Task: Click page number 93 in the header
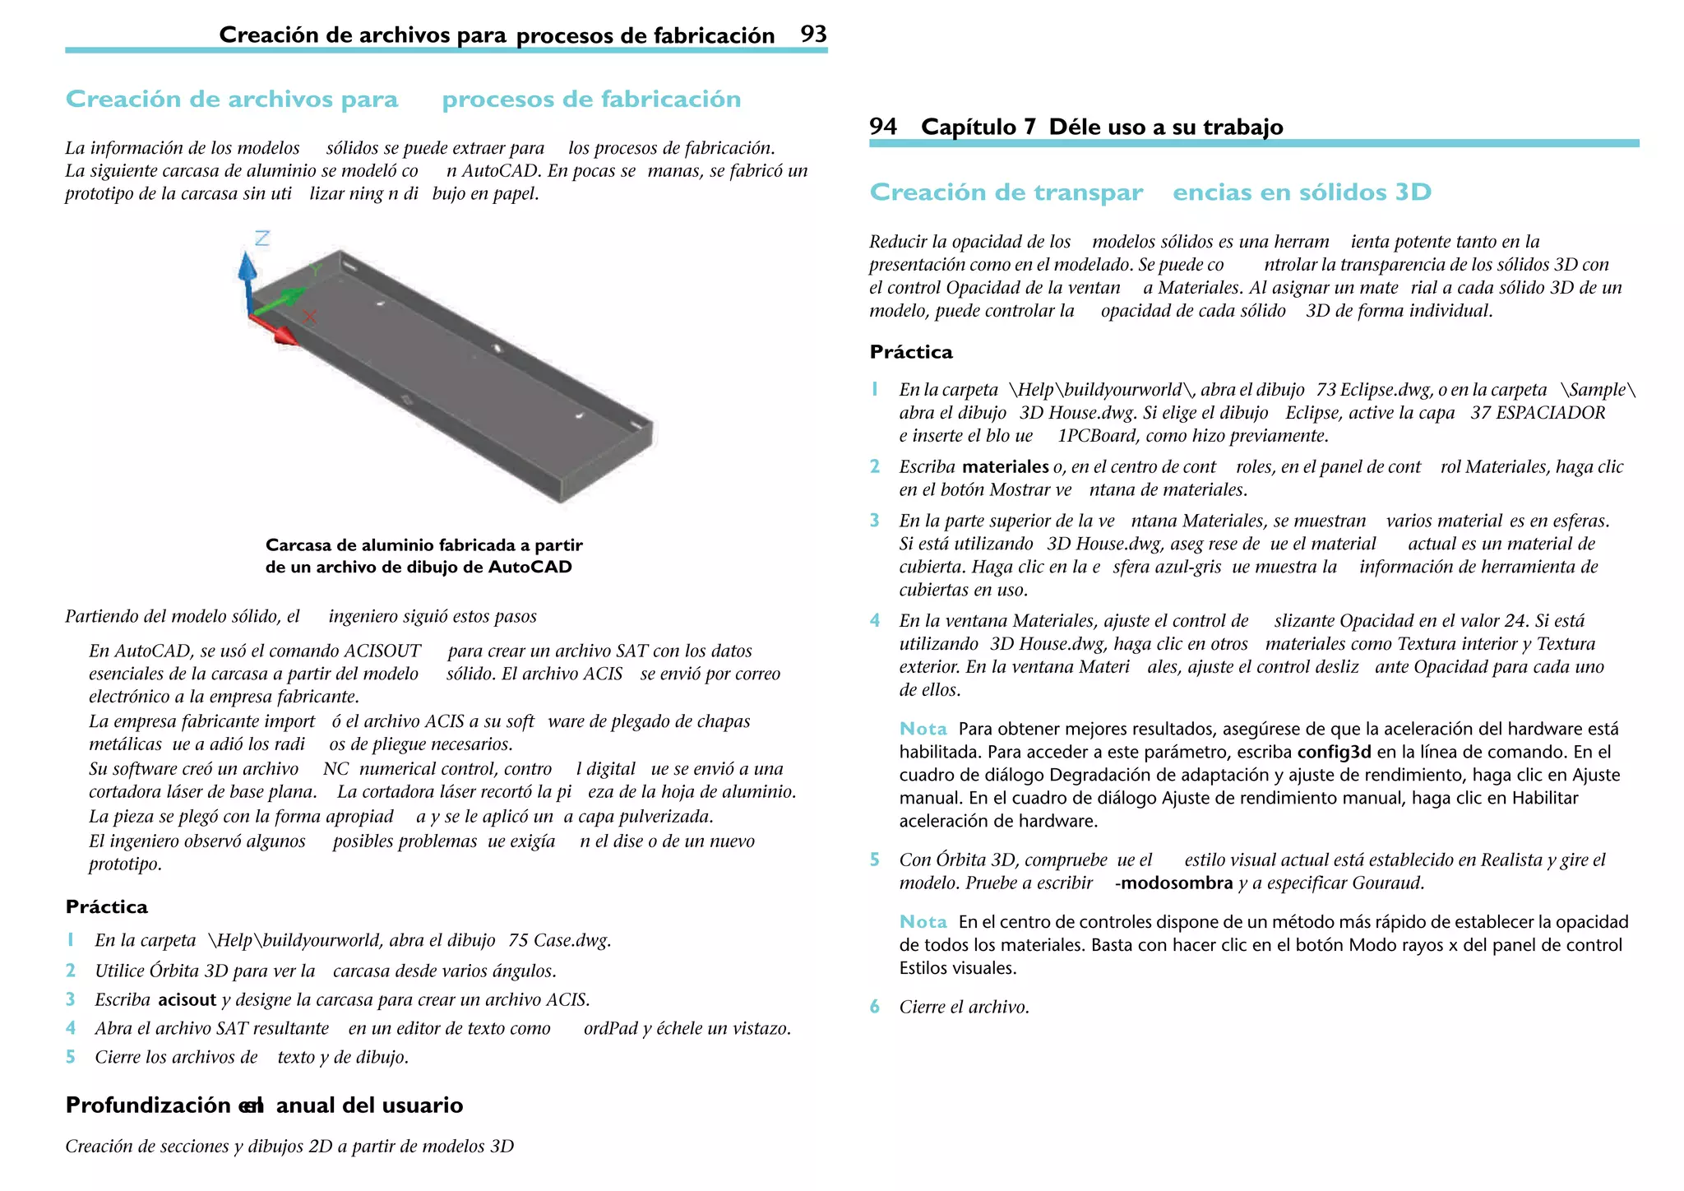coord(813,34)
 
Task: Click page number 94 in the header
coord(883,126)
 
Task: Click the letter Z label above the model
coord(262,239)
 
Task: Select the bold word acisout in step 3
coord(187,999)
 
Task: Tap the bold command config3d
coord(1334,752)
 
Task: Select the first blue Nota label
coord(923,729)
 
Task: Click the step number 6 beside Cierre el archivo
coord(875,1007)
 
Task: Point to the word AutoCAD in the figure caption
coord(530,567)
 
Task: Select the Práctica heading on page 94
coord(911,352)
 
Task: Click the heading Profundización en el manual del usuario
coord(264,1105)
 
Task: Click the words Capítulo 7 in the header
coord(978,127)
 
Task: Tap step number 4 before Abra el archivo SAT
coord(71,1028)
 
